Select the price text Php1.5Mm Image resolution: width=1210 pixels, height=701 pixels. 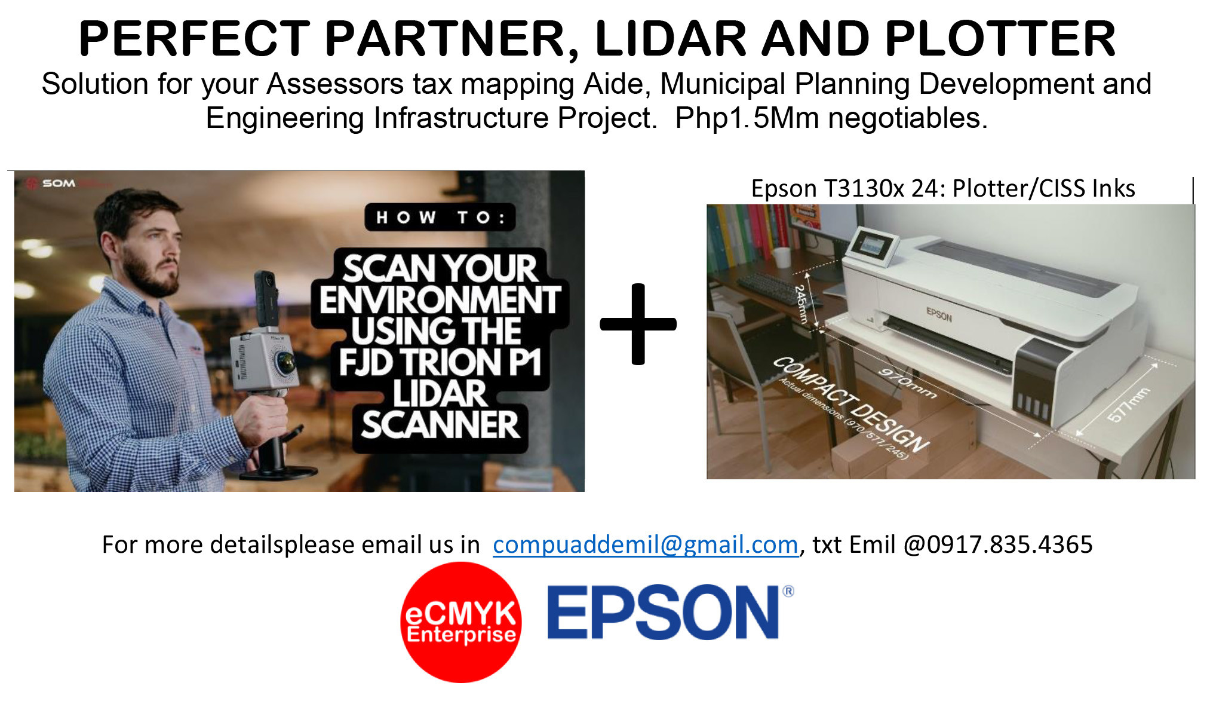(747, 118)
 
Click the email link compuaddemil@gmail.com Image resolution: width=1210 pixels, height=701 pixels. (646, 544)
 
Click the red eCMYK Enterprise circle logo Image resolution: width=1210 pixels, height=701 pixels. (461, 622)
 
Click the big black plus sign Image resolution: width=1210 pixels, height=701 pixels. (638, 324)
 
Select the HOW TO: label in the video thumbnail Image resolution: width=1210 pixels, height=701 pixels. (440, 218)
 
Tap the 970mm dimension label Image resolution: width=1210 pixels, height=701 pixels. (907, 383)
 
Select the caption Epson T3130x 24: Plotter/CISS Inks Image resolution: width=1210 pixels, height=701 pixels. (943, 188)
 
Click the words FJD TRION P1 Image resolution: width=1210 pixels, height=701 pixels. (440, 362)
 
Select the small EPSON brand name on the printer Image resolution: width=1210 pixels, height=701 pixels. (939, 314)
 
